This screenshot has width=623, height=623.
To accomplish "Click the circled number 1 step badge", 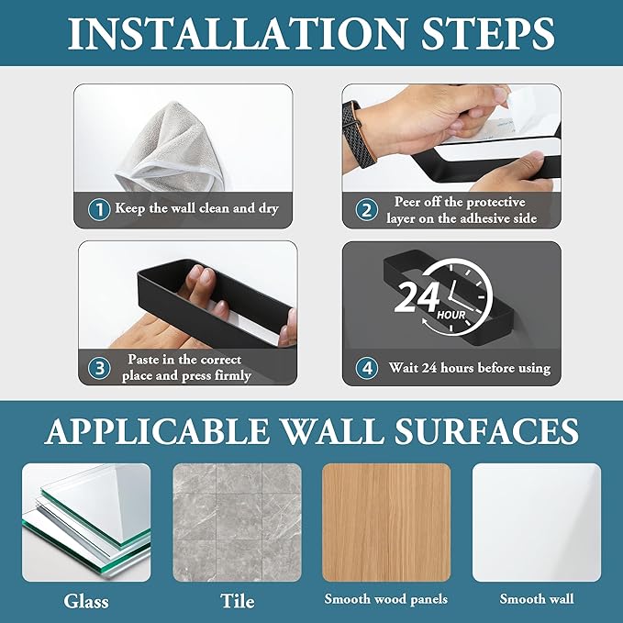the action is click(99, 209).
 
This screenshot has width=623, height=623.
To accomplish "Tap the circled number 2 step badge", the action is click(366, 210).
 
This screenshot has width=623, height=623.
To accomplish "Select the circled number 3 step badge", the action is click(99, 368).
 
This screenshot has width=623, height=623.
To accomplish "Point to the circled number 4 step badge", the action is click(366, 368).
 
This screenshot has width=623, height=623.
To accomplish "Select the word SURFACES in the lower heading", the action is click(486, 431).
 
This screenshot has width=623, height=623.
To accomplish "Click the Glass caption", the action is click(86, 601).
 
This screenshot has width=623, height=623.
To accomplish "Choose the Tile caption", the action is click(238, 600).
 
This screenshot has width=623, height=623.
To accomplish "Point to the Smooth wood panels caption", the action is click(385, 599).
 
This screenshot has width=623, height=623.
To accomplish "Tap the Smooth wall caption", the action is click(537, 599).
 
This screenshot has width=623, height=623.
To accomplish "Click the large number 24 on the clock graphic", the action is click(417, 296).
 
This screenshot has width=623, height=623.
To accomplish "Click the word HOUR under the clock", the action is click(451, 316).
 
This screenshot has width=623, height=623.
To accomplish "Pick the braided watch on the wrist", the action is click(361, 132).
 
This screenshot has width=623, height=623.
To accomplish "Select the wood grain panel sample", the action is click(386, 522).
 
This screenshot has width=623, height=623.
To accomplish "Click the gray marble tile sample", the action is click(238, 522).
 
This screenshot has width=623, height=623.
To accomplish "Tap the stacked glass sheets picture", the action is click(86, 522).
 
